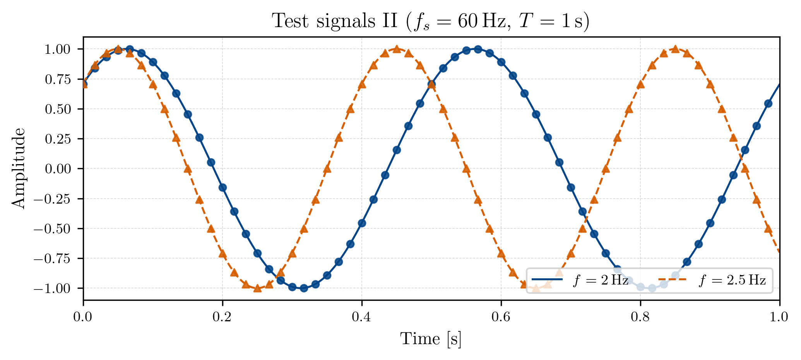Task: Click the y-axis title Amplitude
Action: point(18,168)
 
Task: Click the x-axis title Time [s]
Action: point(431,339)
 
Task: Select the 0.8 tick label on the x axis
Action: point(640,317)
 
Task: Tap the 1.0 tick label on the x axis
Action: point(779,317)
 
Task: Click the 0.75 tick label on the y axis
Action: point(58,79)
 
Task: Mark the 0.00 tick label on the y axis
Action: point(58,169)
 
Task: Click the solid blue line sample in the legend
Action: point(547,279)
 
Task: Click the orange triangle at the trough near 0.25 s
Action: point(257,288)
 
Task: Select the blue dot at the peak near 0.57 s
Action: point(478,49)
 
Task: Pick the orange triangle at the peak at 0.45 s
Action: point(397,49)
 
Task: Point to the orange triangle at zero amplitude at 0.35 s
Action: point(327,168)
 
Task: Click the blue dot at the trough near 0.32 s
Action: point(304,288)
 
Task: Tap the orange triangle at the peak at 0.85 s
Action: point(675,49)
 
